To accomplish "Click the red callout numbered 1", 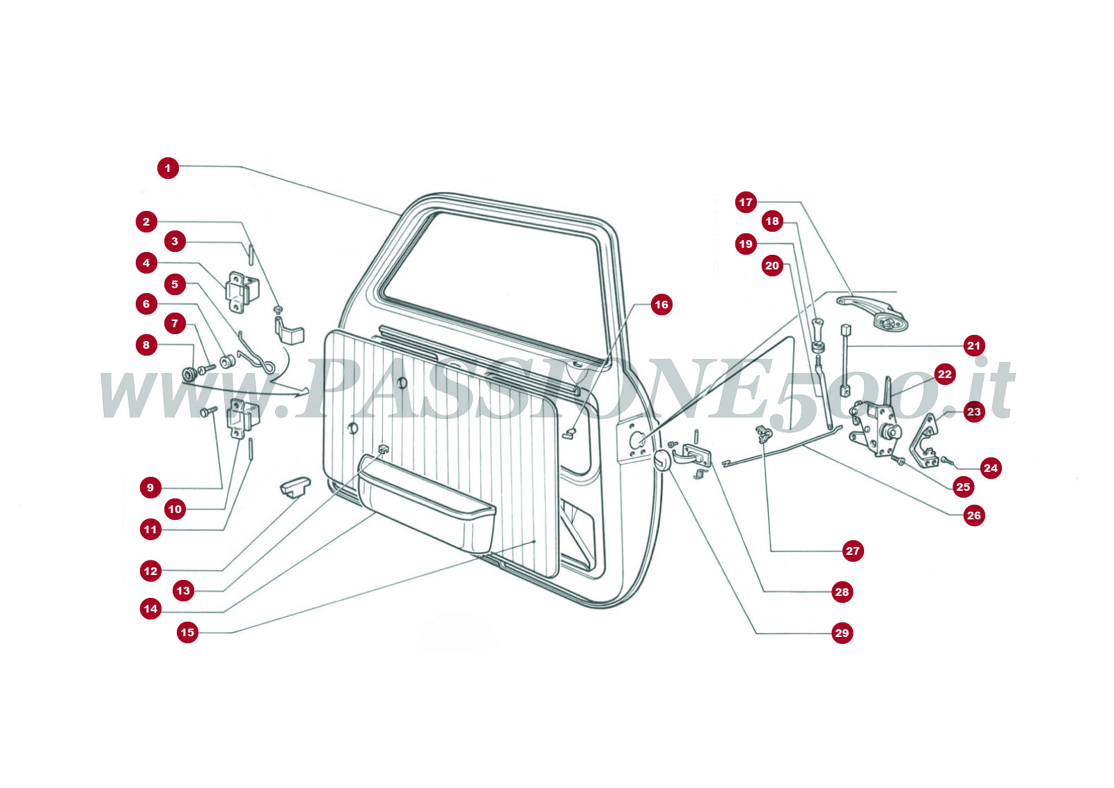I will pos(168,168).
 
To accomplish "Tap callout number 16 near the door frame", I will pos(661,304).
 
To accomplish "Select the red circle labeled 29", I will pos(842,633).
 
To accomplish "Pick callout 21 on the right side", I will pos(973,345).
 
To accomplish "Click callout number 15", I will pos(187,632).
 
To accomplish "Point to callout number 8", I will pos(146,345).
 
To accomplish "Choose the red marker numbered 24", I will pos(991,468).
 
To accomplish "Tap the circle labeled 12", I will pos(150,571).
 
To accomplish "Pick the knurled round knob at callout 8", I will pos(187,374).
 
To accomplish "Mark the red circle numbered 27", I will pos(852,551).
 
